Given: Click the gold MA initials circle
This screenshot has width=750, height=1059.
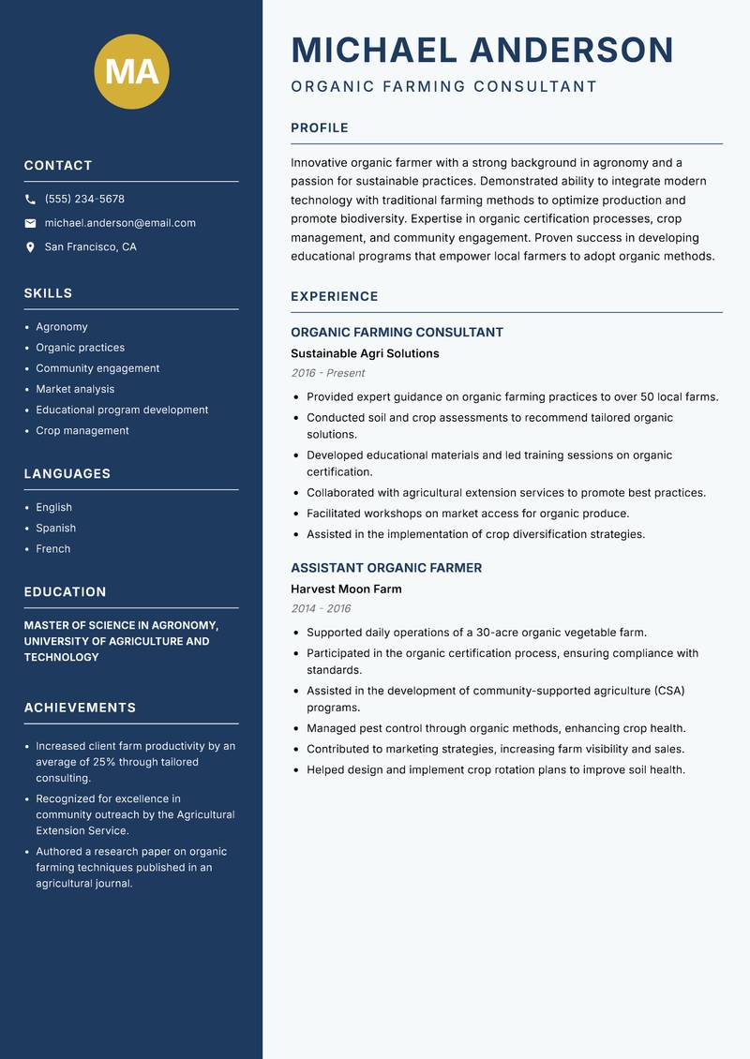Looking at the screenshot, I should pyautogui.click(x=131, y=71).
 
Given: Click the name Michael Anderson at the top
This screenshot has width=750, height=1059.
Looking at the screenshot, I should pyautogui.click(x=482, y=50).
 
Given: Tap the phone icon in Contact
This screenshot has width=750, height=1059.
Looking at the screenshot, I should pyautogui.click(x=30, y=200).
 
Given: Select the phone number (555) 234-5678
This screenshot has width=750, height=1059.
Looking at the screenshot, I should pyautogui.click(x=84, y=200).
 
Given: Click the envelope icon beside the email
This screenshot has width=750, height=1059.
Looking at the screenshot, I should pyautogui.click(x=30, y=223).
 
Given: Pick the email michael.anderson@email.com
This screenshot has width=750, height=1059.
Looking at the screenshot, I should pyautogui.click(x=120, y=223).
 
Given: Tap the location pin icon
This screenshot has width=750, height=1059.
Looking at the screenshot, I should pyautogui.click(x=30, y=247).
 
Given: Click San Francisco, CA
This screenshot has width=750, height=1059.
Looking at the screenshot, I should pyautogui.click(x=90, y=247).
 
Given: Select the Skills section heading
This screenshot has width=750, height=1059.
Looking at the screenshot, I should pyautogui.click(x=48, y=293).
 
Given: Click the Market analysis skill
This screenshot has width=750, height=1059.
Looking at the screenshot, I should pyautogui.click(x=75, y=389).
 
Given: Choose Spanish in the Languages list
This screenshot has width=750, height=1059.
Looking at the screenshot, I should pyautogui.click(x=55, y=529).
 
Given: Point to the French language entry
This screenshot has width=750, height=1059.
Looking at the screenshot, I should pyautogui.click(x=52, y=549).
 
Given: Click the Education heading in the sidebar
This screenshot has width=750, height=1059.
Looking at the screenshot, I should pyautogui.click(x=65, y=592).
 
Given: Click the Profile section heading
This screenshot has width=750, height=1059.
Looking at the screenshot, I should pyautogui.click(x=319, y=128).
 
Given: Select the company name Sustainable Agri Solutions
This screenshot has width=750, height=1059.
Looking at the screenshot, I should pyautogui.click(x=365, y=354).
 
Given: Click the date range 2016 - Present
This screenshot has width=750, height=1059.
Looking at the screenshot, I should pyautogui.click(x=327, y=373).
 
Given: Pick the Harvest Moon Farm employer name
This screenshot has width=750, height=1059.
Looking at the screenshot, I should pyautogui.click(x=346, y=589).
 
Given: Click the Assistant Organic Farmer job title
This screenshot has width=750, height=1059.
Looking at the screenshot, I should pyautogui.click(x=386, y=568).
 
